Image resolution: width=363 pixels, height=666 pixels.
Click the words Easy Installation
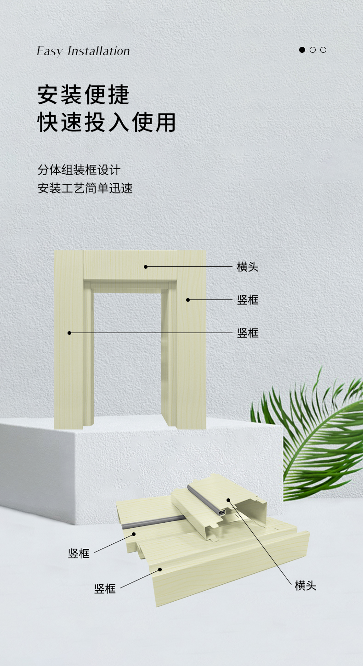tap(83, 51)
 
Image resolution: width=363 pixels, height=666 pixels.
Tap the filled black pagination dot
tap(302, 50)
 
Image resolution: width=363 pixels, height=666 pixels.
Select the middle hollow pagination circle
tap(312, 50)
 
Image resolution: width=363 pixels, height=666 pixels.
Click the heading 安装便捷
tap(83, 94)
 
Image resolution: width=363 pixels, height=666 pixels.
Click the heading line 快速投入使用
tap(107, 122)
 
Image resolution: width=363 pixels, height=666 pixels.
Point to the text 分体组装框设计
tap(79, 170)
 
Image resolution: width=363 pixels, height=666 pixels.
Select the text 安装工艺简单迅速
tap(85, 188)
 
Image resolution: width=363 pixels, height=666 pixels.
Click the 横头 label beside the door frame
tap(248, 267)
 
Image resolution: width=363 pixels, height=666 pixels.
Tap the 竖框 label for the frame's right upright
tap(248, 300)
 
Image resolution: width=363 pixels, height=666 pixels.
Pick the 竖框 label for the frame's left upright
tap(248, 333)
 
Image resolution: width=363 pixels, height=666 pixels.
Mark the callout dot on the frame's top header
tap(145, 266)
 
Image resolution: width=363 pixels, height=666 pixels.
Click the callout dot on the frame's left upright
tap(70, 333)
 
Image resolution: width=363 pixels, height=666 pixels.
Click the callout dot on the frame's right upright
tap(187, 300)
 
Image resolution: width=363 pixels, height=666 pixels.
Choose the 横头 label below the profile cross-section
tap(306, 586)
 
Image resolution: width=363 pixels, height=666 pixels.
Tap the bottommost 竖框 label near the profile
tap(105, 589)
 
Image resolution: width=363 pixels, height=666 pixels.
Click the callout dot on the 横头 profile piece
tap(227, 499)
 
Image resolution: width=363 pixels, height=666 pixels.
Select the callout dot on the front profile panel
tap(160, 569)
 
